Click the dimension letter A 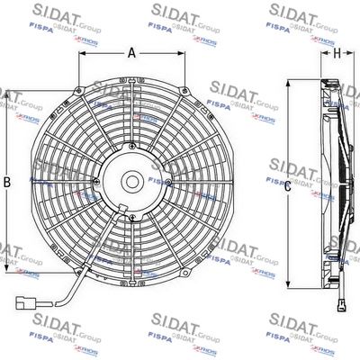click(x=131, y=53)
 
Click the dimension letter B click(x=7, y=183)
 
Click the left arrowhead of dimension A click(x=79, y=62)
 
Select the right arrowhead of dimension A click(x=184, y=62)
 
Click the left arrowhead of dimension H click(x=324, y=63)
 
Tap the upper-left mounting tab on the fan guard click(x=80, y=94)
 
